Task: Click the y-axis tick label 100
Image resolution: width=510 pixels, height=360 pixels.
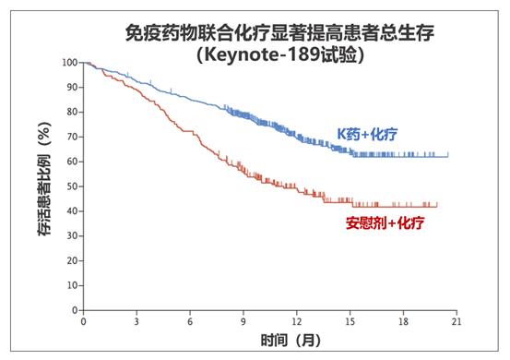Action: tap(70, 63)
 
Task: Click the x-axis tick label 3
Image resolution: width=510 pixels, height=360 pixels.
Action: tap(136, 323)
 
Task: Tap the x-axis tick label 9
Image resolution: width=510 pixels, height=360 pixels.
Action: tap(243, 323)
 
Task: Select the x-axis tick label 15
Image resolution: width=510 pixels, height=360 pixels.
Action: tap(350, 323)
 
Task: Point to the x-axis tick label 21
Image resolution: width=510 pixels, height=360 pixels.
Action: tap(457, 323)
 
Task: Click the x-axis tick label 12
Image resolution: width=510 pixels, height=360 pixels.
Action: tap(296, 323)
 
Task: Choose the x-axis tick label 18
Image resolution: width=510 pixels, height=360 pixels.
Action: tap(403, 323)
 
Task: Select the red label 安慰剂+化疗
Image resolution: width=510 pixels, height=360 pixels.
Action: tap(378, 222)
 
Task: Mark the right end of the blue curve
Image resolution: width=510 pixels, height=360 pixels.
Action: tap(448, 156)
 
